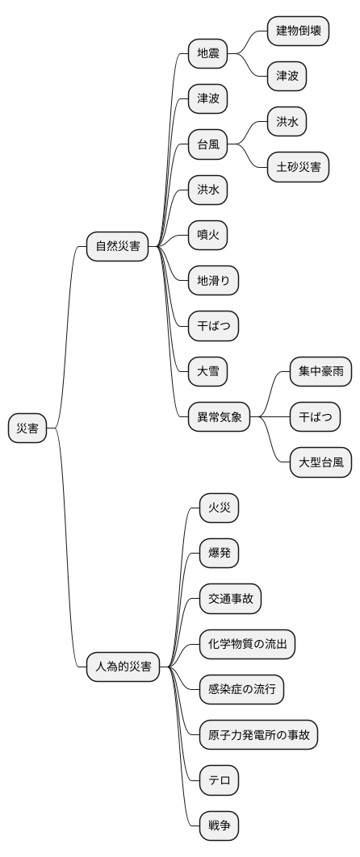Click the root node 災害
[x=27, y=428]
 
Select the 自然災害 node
[x=118, y=246]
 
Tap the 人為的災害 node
[x=123, y=666]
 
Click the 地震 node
[x=207, y=54]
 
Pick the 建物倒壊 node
[x=299, y=31]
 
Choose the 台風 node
[x=207, y=145]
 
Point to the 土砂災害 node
[x=299, y=167]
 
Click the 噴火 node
[x=207, y=235]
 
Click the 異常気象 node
[x=220, y=417]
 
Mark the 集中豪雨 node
[x=321, y=371]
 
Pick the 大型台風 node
[x=321, y=462]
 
